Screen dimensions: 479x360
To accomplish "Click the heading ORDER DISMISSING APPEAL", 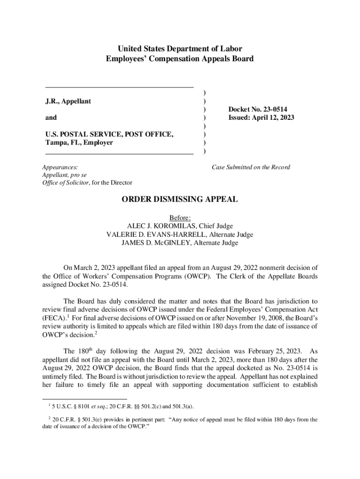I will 180,200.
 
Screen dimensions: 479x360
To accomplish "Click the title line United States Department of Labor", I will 180,49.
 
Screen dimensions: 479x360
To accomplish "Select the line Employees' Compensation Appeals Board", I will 180,59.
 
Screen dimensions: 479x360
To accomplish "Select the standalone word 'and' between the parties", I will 51,118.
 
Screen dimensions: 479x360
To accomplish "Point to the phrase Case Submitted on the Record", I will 251,167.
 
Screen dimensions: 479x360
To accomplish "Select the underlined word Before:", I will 180,218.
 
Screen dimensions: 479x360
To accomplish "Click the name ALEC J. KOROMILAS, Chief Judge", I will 180,226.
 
